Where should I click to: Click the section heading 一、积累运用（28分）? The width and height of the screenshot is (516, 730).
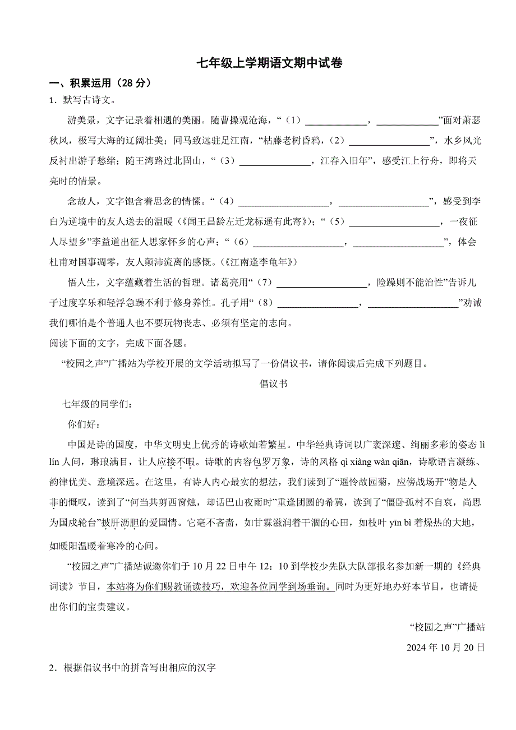pos(100,83)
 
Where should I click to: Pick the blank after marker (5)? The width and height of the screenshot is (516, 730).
pos(394,223)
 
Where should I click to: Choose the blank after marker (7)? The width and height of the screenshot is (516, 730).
pos(321,283)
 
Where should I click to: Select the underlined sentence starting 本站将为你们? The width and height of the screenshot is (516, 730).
pos(220,586)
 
